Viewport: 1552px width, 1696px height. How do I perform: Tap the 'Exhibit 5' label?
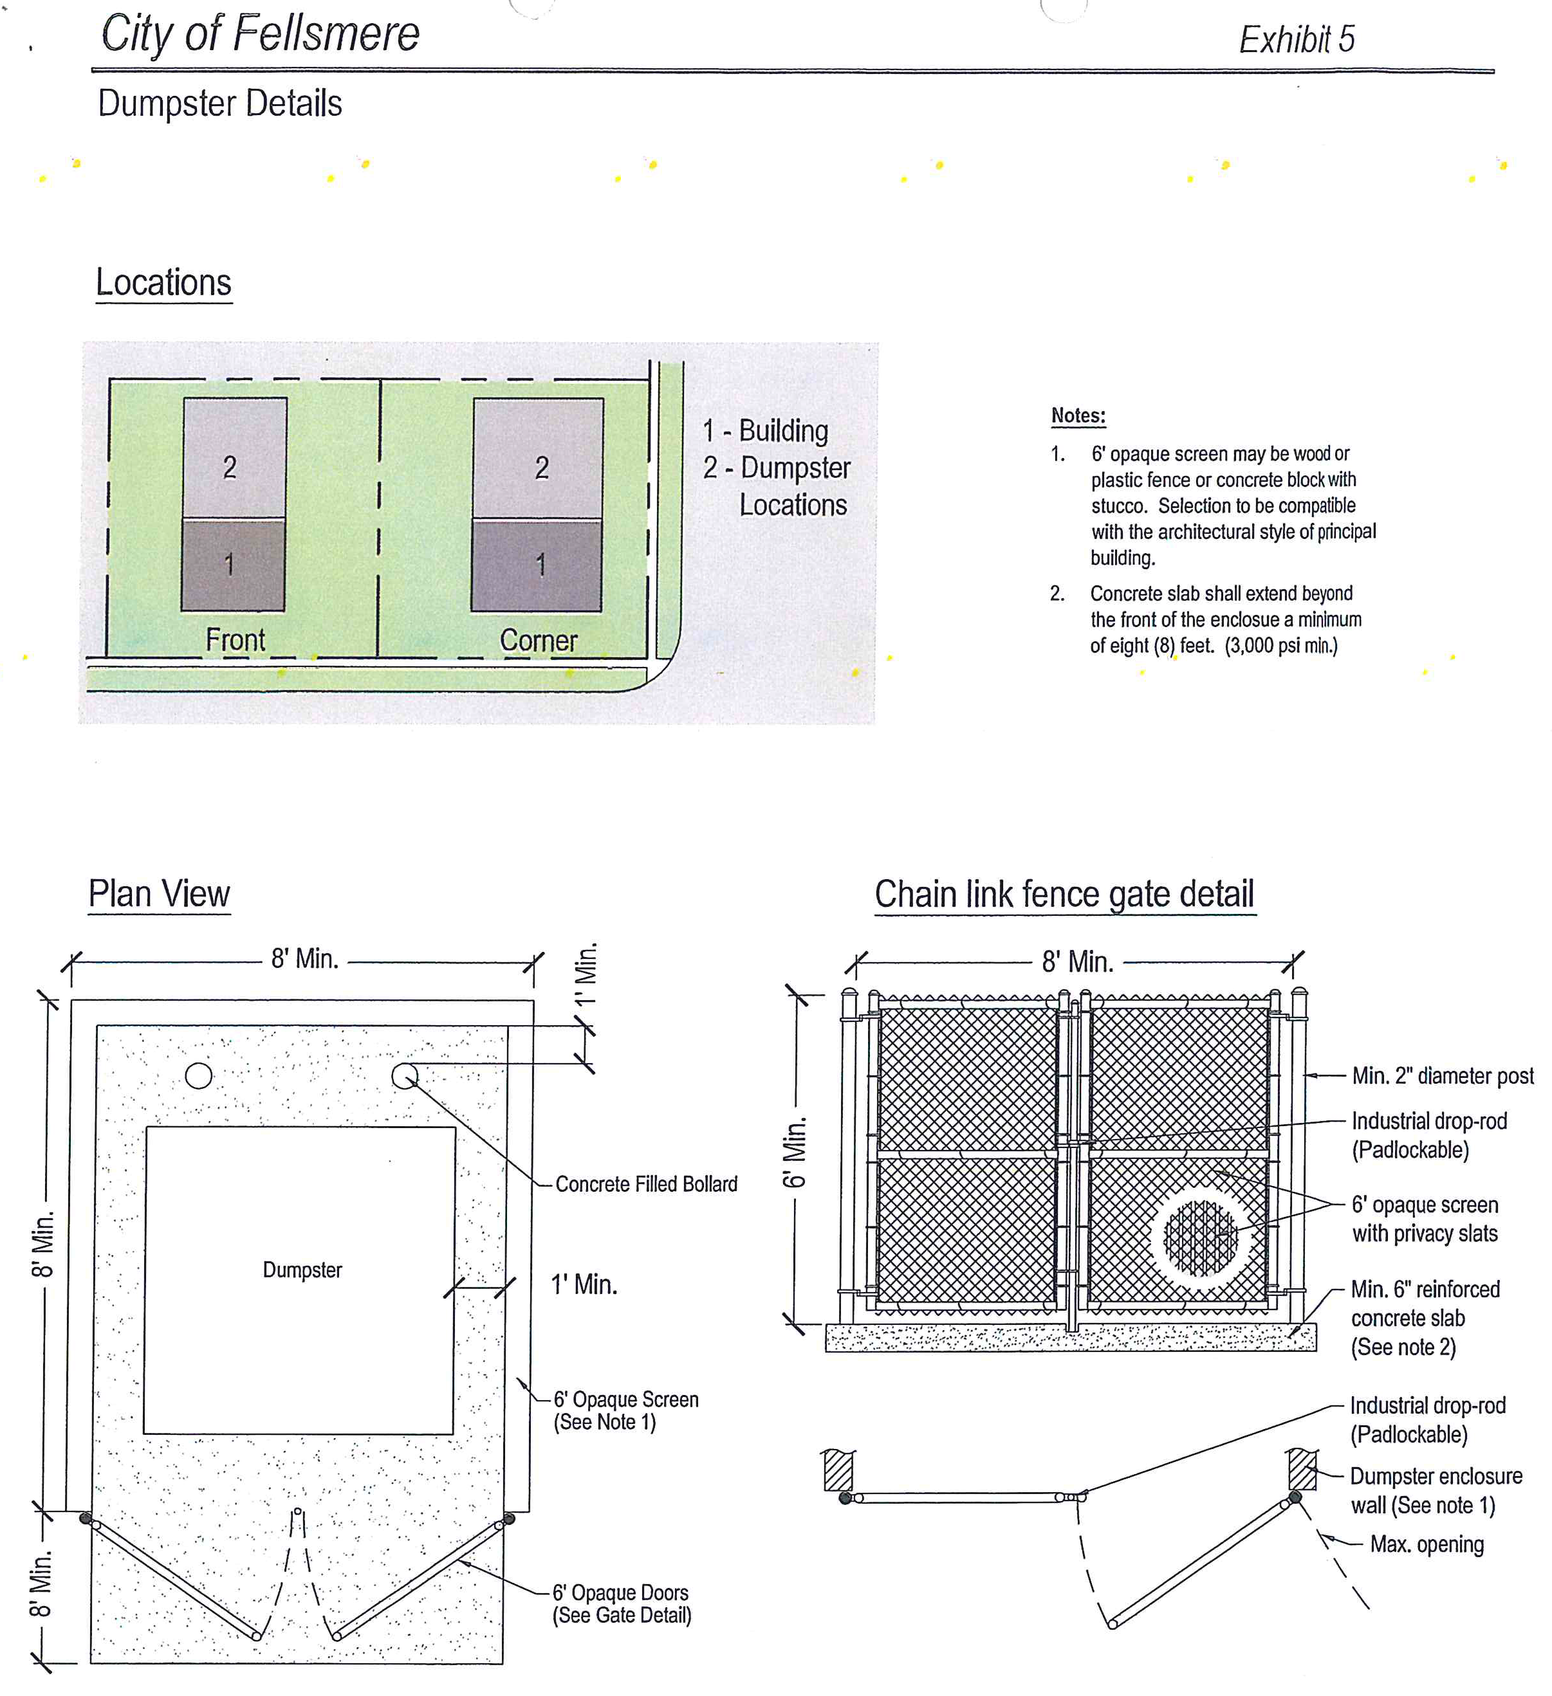(x=1296, y=39)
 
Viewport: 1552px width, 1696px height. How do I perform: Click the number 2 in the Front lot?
(x=230, y=468)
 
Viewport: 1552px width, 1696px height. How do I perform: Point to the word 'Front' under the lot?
(x=235, y=640)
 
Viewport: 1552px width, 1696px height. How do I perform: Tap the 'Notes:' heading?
(x=1078, y=415)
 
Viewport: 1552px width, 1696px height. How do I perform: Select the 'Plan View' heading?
(x=159, y=893)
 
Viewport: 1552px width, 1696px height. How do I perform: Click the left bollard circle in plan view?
(x=199, y=1076)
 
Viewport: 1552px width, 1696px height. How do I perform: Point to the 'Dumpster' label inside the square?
(x=302, y=1270)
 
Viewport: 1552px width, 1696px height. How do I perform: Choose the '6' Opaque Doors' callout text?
(x=620, y=1592)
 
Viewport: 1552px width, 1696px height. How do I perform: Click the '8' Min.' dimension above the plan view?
(x=305, y=959)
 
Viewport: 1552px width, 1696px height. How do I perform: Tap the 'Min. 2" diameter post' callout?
(x=1442, y=1076)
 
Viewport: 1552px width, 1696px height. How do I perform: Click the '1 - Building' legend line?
(x=765, y=431)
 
